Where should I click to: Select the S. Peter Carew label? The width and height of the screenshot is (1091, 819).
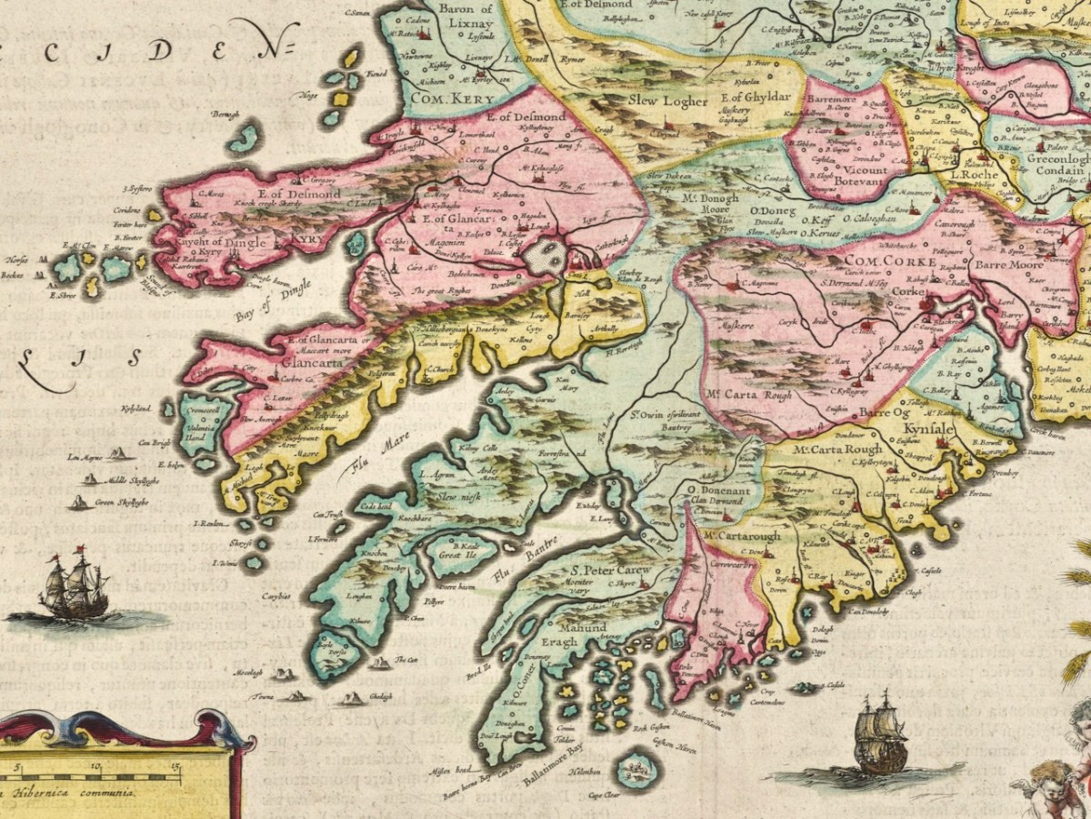(608, 570)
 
